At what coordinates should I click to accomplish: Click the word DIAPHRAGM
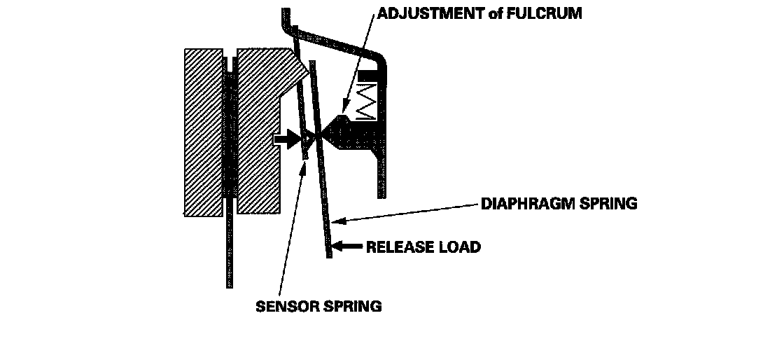pos(531,204)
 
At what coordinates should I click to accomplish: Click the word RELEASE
pos(400,247)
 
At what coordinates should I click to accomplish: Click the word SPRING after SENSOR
pos(353,306)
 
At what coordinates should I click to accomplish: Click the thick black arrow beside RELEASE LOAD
pos(347,246)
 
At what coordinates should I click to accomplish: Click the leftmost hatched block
pos(202,132)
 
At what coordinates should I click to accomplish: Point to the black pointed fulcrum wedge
pos(343,133)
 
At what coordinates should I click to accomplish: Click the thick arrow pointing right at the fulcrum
pos(286,139)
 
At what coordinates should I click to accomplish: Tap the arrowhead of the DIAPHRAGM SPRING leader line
pos(337,221)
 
